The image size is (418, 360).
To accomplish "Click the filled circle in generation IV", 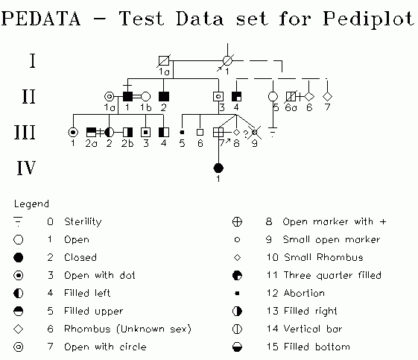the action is pyautogui.click(x=218, y=168).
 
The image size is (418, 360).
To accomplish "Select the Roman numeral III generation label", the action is pyautogui.click(x=25, y=132).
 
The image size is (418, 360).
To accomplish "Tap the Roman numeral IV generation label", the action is pyautogui.click(x=26, y=168).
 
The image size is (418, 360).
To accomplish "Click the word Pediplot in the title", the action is pyautogui.click(x=369, y=19).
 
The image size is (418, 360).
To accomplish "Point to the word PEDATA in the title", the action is pyautogui.click(x=41, y=19).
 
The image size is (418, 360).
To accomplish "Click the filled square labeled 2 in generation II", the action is pyautogui.click(x=164, y=96).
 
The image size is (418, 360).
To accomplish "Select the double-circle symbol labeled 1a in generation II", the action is pyautogui.click(x=109, y=96).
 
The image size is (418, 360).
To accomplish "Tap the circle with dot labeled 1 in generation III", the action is pyautogui.click(x=73, y=132).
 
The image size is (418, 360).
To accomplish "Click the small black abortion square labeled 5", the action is pyautogui.click(x=182, y=132).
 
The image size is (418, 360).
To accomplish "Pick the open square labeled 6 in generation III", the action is pyautogui.click(x=200, y=132).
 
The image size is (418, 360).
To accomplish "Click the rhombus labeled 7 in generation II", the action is pyautogui.click(x=327, y=96).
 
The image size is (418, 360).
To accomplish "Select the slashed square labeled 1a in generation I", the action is pyautogui.click(x=164, y=61).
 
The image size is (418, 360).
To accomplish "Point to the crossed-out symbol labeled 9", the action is pyautogui.click(x=255, y=132).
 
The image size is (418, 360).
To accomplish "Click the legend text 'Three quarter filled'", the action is pyautogui.click(x=332, y=275).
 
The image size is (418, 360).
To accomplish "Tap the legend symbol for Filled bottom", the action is pyautogui.click(x=237, y=347).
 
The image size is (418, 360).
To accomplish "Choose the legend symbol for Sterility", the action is pyautogui.click(x=18, y=221).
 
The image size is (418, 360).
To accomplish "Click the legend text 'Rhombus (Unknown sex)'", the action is pyautogui.click(x=127, y=329).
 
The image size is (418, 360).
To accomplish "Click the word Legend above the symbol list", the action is pyautogui.click(x=31, y=204).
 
